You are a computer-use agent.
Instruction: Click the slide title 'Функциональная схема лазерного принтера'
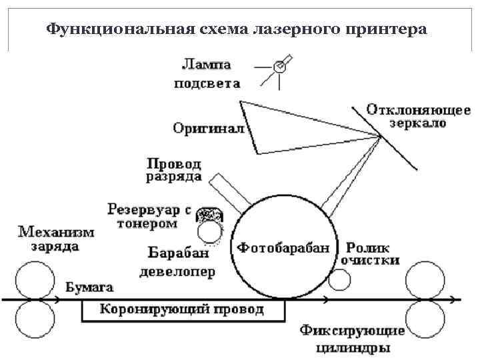236,29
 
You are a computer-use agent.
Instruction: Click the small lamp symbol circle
281,67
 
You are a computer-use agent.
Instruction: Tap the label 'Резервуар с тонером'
149,217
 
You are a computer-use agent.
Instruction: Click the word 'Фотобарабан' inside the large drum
283,248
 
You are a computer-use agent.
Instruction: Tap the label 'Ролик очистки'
370,253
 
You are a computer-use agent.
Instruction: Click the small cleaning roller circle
339,281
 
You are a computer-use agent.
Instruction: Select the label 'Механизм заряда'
56,239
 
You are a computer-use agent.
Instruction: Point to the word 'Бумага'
90,287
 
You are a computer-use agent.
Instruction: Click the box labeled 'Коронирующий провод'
182,310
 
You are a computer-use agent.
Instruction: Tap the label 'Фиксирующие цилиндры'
352,339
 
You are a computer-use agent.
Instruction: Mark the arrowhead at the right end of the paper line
459,300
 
